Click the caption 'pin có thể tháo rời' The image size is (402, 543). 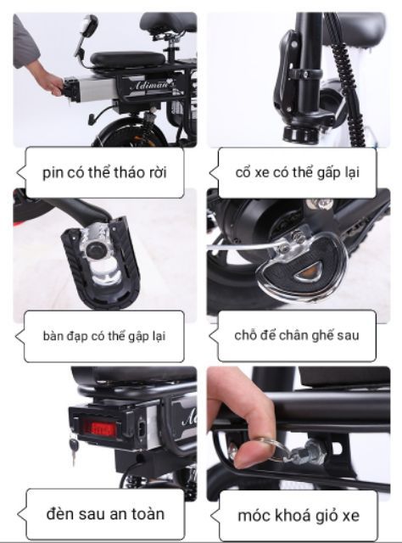click(104, 174)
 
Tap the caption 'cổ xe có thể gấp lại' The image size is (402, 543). click(297, 172)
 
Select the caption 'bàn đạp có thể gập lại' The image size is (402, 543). click(104, 335)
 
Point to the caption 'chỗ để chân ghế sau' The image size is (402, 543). click(297, 335)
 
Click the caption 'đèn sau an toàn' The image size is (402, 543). click(103, 513)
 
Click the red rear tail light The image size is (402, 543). click(99, 428)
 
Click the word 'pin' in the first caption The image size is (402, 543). click(53, 174)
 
